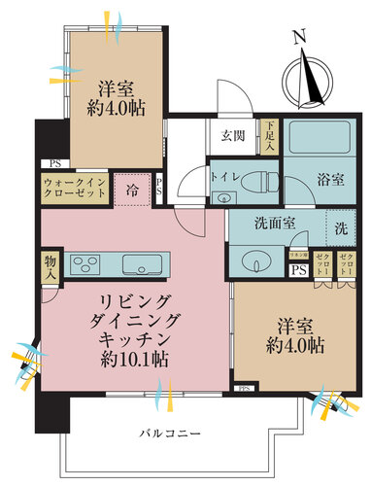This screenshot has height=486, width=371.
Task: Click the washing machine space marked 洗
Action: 341,228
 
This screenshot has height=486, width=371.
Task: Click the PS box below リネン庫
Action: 298,270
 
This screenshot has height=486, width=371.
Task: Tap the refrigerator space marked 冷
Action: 129,188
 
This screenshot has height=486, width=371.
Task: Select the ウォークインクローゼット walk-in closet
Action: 73,189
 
